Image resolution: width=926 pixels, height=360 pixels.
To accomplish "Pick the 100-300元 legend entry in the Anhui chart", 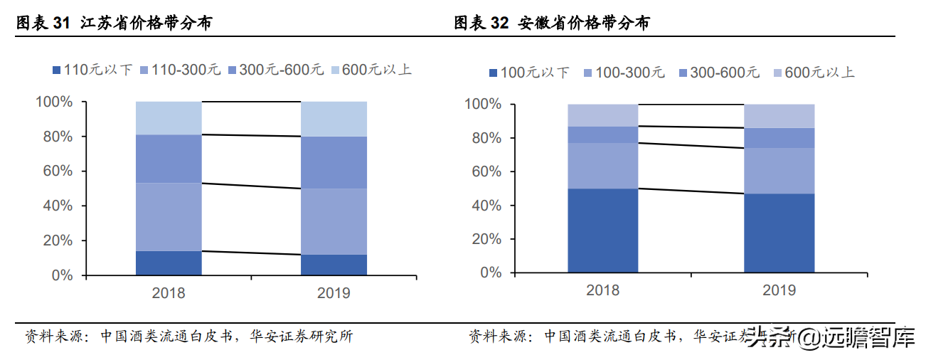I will [624, 73].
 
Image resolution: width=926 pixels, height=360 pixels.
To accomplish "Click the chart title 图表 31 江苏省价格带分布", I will [114, 23].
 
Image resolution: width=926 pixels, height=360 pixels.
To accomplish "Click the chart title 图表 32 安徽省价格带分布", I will [552, 23].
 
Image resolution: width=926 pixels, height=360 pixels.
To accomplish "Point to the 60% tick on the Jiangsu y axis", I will [54, 171].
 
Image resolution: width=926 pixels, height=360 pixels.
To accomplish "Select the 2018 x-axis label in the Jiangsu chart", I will [169, 292].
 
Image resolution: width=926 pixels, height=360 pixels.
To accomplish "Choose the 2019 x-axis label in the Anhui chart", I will [779, 290].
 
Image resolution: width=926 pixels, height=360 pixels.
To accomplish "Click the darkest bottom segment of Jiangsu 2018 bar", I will [169, 263].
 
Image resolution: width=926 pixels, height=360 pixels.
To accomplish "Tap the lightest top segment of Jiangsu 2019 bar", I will [334, 118].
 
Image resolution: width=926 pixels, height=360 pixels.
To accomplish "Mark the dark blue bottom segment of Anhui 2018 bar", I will [602, 231].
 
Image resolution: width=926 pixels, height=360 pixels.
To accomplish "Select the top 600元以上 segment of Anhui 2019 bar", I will [779, 116].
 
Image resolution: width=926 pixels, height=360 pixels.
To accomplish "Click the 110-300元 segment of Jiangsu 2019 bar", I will [334, 221].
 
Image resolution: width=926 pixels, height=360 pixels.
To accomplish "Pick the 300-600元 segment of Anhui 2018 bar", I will [602, 134].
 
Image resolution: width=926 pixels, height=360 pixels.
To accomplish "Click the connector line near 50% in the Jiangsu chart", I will [251, 186].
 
